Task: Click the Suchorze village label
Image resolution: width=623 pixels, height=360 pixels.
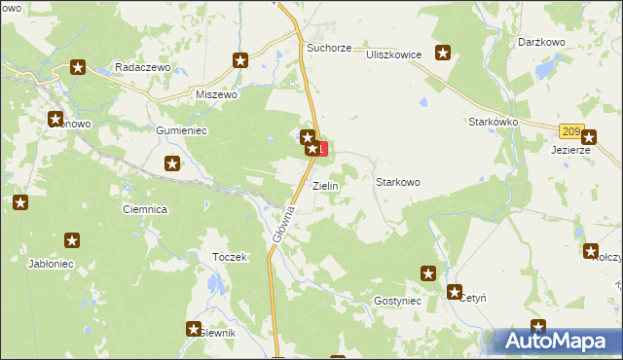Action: [x=328, y=47]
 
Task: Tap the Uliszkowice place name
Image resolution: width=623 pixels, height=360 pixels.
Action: [x=393, y=54]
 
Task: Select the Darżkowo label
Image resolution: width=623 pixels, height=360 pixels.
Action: [x=542, y=43]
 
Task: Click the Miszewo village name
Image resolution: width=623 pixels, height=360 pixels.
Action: [x=216, y=94]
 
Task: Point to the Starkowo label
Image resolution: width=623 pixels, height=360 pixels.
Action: [x=397, y=182]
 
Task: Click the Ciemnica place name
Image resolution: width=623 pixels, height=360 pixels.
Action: [x=145, y=209]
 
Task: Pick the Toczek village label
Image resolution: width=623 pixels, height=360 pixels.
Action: [x=230, y=257]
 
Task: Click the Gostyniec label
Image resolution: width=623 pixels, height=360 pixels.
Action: [x=396, y=302]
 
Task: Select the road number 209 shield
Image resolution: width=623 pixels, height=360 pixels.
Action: [x=571, y=131]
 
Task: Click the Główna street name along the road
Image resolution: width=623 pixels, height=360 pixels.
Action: [x=282, y=228]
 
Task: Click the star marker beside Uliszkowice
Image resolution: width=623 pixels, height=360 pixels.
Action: [x=443, y=54]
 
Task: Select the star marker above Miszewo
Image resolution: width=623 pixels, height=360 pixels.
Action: [x=240, y=60]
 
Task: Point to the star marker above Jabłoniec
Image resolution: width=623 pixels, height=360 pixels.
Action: [x=71, y=240]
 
